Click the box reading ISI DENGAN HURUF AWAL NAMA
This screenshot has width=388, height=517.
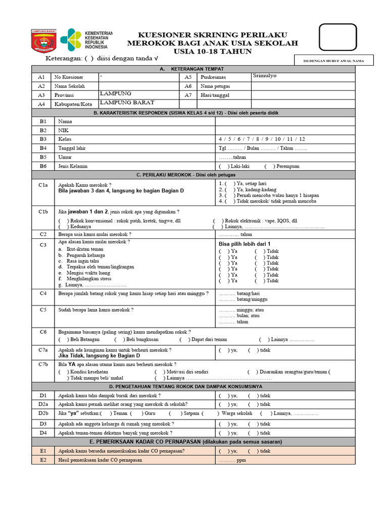[334, 61]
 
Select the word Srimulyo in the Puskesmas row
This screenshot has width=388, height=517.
[265, 76]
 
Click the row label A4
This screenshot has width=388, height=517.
[41, 104]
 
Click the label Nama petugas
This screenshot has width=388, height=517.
[215, 86]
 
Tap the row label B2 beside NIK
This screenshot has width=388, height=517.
[43, 130]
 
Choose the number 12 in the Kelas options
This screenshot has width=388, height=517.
[302, 139]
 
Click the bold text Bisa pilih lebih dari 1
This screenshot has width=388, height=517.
[245, 244]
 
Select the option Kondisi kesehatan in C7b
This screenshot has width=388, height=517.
[87, 372]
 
